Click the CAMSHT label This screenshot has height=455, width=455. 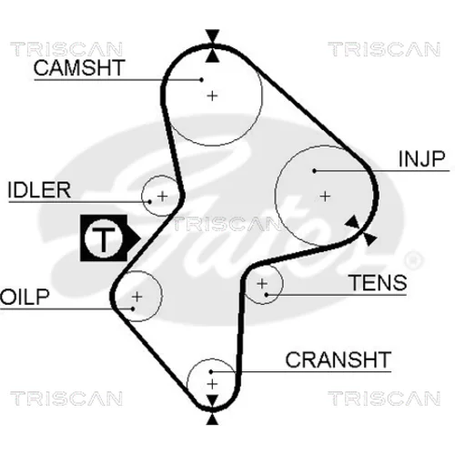pyautogui.click(x=79, y=67)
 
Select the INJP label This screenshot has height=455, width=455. pyautogui.click(x=421, y=158)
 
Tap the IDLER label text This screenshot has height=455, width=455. pyautogui.click(x=39, y=190)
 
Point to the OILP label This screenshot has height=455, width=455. pyautogui.click(x=25, y=297)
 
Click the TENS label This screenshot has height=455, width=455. pyautogui.click(x=379, y=282)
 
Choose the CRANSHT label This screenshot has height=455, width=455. pyautogui.click(x=338, y=359)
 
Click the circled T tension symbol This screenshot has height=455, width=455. pyautogui.click(x=104, y=238)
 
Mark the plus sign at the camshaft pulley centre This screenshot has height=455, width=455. pyautogui.click(x=212, y=96)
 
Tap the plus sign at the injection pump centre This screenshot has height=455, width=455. pyautogui.click(x=325, y=197)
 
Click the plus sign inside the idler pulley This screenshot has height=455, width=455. pyautogui.click(x=163, y=197)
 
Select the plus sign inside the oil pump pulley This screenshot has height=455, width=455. pyautogui.click(x=137, y=297)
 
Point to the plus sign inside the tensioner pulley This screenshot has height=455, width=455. pyautogui.click(x=262, y=284)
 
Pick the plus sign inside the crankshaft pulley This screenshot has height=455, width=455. pyautogui.click(x=212, y=384)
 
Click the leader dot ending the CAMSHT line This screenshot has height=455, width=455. pyautogui.click(x=201, y=80)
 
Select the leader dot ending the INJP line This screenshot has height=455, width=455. pyautogui.click(x=315, y=171)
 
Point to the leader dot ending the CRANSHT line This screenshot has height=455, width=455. pyautogui.click(x=211, y=371)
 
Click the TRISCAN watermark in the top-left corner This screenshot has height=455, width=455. pyautogui.click(x=66, y=49)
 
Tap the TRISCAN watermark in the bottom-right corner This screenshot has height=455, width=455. pyautogui.click(x=384, y=399)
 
